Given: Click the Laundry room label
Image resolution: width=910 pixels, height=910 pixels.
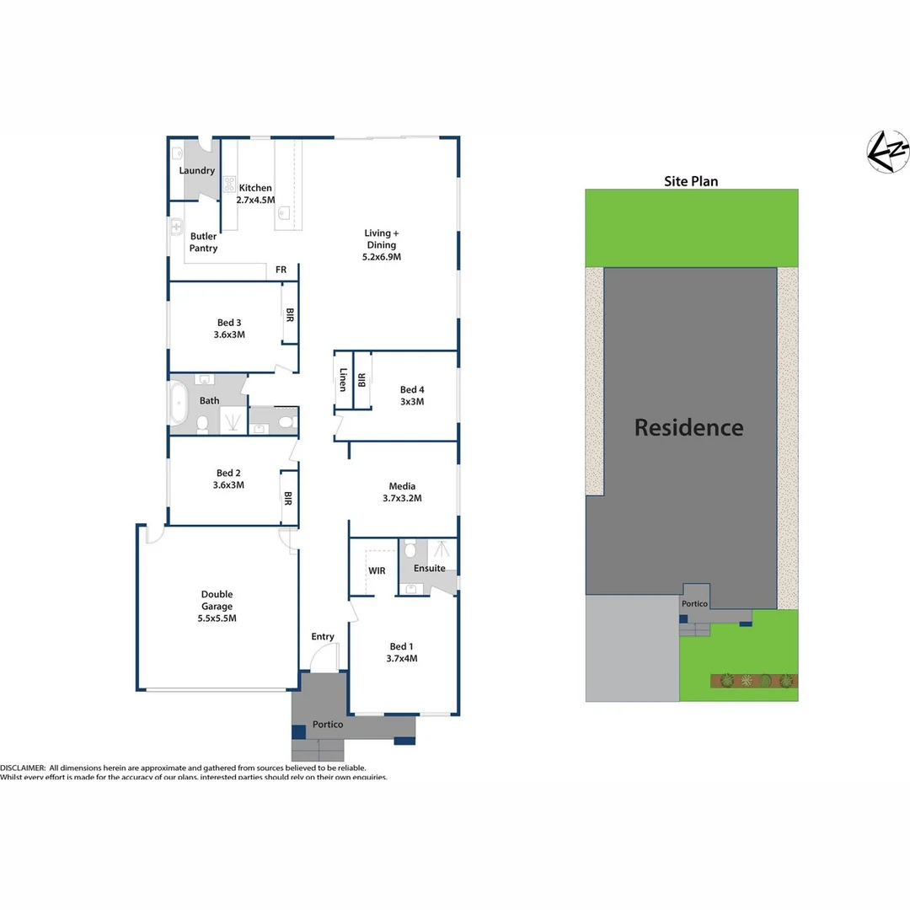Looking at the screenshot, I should click(197, 171).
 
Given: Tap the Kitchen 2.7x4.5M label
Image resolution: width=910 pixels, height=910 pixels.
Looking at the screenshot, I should click(256, 194).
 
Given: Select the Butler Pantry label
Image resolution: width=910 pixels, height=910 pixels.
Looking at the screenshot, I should click(203, 243).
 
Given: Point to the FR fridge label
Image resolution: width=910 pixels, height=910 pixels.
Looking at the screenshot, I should click(281, 270).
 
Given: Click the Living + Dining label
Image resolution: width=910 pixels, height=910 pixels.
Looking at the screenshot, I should click(383, 244).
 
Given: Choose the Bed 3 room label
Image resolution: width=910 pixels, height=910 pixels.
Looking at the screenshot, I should click(229, 329).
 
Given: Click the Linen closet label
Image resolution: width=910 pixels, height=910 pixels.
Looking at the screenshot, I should click(343, 380).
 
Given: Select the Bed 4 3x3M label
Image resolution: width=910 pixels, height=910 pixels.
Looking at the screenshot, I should click(412, 396).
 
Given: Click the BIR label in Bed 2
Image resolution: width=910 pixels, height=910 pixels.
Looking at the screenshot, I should click(287, 499).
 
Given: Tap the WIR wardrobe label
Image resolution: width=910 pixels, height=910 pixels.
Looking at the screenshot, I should click(377, 570).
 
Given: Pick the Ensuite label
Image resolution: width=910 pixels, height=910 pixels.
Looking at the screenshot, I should click(430, 569).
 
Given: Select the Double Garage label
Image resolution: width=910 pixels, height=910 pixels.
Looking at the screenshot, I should click(217, 606).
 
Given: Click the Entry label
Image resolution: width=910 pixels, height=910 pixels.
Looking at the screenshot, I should click(323, 637).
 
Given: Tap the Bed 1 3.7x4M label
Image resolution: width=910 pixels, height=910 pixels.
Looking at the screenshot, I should click(402, 653).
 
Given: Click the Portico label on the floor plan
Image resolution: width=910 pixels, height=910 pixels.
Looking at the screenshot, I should click(327, 725).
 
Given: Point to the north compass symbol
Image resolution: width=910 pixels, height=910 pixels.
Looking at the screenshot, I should click(889, 152).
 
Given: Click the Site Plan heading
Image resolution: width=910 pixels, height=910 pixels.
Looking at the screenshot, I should click(691, 181).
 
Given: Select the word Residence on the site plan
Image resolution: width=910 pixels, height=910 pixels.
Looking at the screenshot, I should click(688, 428).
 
